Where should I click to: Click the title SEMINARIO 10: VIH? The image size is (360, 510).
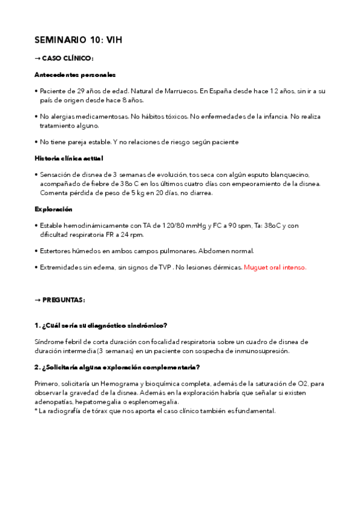[x=79, y=40]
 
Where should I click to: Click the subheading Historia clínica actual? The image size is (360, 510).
[x=69, y=158]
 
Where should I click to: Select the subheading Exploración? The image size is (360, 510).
[x=53, y=209]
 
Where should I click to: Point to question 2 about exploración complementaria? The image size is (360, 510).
[x=117, y=367]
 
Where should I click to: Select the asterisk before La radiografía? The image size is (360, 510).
[x=37, y=411]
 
